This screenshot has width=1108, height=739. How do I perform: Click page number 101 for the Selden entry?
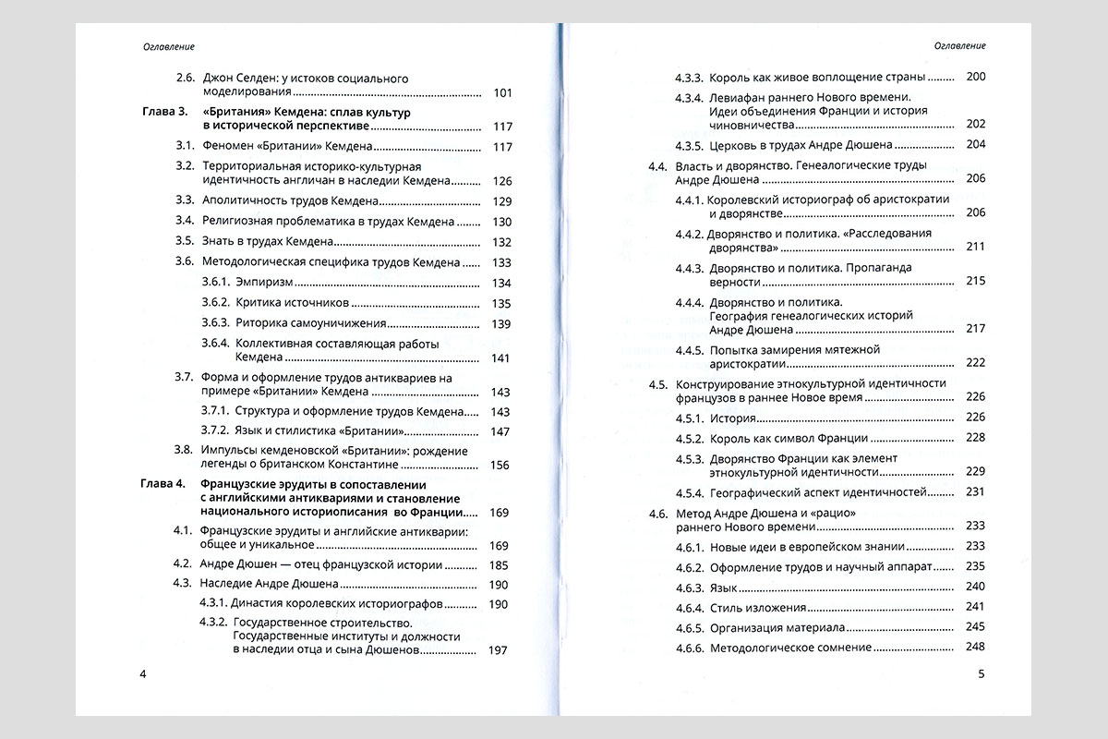(503, 92)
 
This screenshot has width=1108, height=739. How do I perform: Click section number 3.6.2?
(217, 303)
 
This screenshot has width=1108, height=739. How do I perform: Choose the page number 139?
(501, 323)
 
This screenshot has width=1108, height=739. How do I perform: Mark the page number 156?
(501, 465)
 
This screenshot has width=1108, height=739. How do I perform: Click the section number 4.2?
(183, 563)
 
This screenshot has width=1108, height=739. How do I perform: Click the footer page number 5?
(982, 673)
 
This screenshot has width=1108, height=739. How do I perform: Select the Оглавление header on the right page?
(960, 45)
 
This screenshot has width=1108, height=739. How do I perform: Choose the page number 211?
(975, 248)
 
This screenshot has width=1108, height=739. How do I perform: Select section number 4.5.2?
(690, 438)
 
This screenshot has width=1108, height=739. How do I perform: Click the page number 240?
(975, 587)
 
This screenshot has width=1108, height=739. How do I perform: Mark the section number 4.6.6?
(690, 648)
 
